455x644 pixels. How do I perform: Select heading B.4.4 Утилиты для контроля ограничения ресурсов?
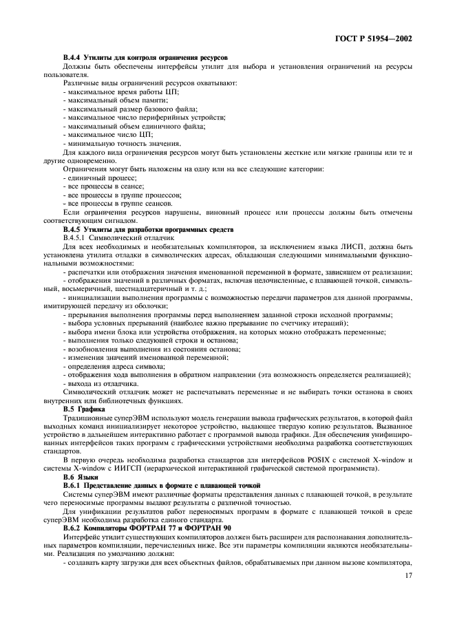pos(145,56)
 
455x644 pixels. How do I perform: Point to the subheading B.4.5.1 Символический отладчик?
pos(118,237)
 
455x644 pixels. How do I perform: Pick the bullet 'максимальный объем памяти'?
pos(105,100)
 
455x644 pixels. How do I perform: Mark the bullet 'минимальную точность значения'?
pos(112,142)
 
